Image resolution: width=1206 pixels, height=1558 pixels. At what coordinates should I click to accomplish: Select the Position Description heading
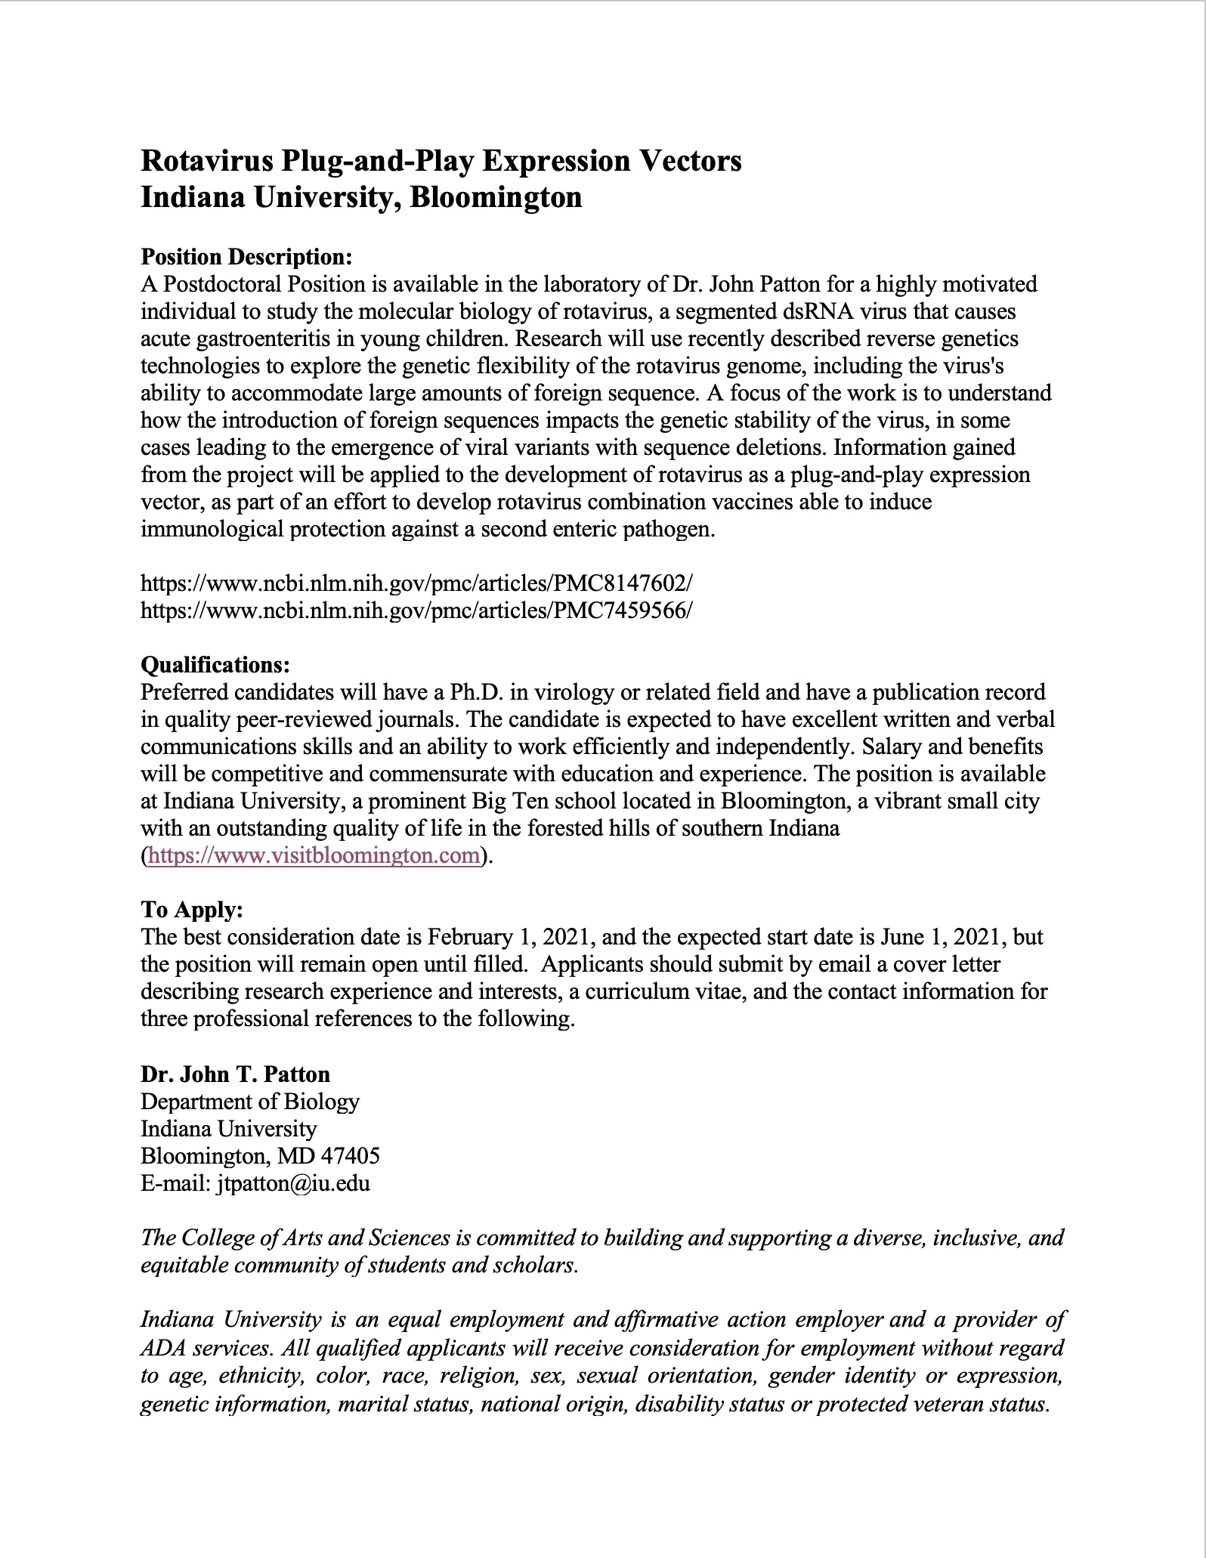[246, 257]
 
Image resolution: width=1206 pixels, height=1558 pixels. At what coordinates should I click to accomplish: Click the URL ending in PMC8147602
[416, 583]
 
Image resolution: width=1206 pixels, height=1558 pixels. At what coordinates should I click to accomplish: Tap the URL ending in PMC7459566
[416, 611]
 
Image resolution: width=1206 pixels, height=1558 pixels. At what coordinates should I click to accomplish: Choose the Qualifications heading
[215, 665]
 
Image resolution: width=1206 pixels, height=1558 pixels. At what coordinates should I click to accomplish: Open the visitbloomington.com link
[314, 856]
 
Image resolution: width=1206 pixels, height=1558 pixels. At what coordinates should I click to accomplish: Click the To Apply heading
[192, 910]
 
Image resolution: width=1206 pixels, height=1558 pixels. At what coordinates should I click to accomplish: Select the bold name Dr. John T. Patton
[235, 1074]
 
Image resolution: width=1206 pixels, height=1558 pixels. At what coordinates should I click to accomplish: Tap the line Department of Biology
[250, 1102]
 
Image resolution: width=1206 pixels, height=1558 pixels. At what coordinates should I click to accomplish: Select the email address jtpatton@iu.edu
[292, 1183]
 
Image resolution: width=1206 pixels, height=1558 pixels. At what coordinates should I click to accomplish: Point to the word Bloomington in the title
[496, 197]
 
